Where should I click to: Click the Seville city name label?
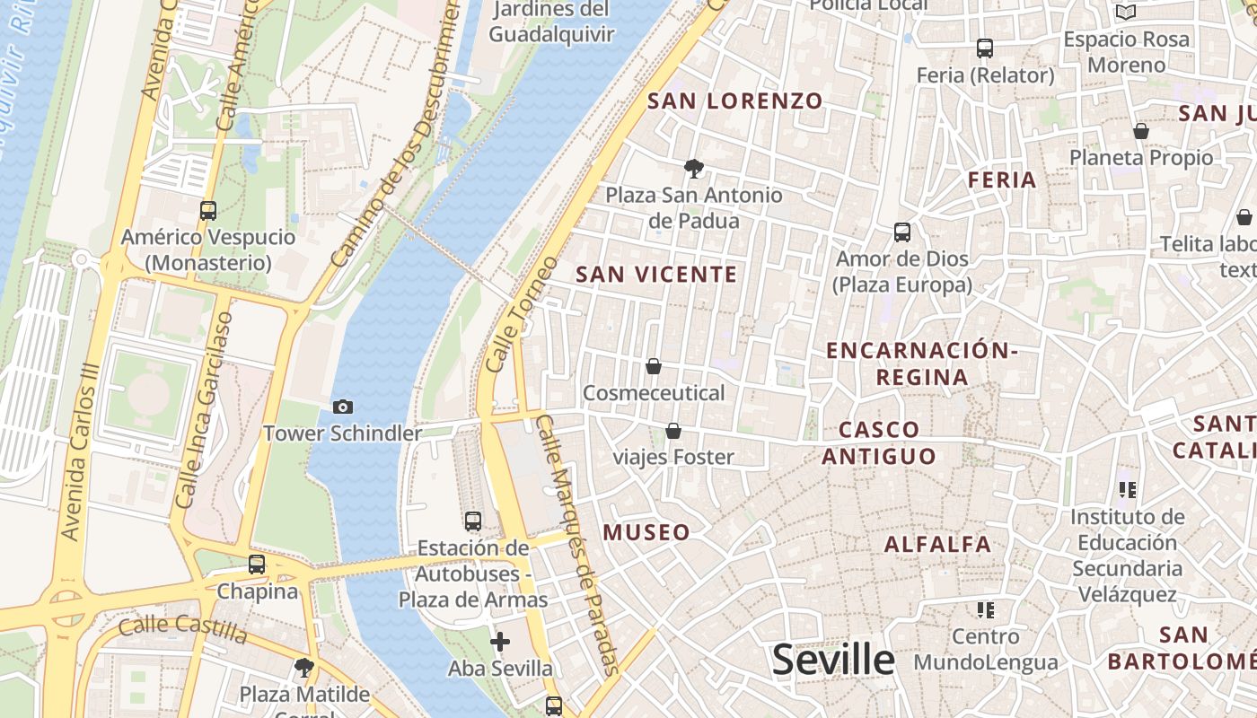[x=833, y=660]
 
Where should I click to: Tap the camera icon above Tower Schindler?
[x=342, y=407]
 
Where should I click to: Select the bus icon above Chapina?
[x=257, y=565]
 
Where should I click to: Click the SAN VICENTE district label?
[x=656, y=275]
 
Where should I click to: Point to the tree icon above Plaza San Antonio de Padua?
[x=693, y=168]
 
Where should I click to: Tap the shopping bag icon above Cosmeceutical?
[x=654, y=367]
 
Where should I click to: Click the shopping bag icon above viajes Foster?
[x=673, y=432]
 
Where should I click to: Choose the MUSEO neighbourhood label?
[x=646, y=532]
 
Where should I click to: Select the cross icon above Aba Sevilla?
[x=500, y=642]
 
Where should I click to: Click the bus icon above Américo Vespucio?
[x=208, y=211]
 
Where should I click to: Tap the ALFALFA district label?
[x=937, y=544]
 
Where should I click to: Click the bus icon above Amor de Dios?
[x=902, y=232]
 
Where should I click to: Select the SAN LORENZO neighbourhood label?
[x=734, y=101]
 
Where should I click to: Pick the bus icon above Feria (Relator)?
[x=985, y=48]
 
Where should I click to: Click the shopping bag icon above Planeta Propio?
[x=1141, y=132]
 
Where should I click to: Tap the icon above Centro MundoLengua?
[x=986, y=611]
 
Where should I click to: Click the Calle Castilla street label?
[x=183, y=629]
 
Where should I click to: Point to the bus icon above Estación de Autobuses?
[x=473, y=521]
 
